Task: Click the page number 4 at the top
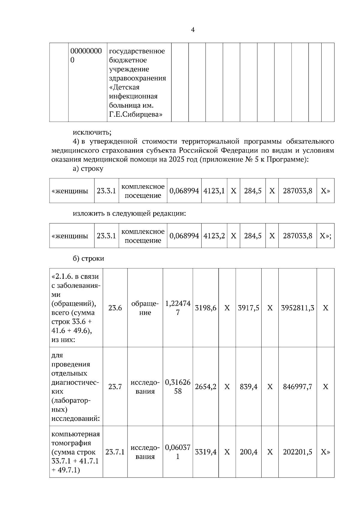[x=193, y=30]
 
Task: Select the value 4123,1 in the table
[x=214, y=191]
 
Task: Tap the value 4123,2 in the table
[x=214, y=236]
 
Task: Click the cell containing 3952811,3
[x=297, y=308]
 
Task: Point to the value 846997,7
[x=297, y=387]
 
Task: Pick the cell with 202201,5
[x=297, y=452]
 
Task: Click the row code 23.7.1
[x=115, y=452]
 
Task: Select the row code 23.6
[x=115, y=308]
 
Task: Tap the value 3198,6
[x=205, y=308]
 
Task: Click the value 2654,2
[x=205, y=387]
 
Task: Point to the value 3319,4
[x=205, y=452]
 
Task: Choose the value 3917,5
[x=248, y=308]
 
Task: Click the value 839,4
[x=248, y=387]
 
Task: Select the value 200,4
[x=248, y=452]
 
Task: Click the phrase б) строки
[x=88, y=258]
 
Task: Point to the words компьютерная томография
[x=76, y=439]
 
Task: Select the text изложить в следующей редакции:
[x=129, y=214]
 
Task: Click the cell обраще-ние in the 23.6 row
[x=145, y=308]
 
